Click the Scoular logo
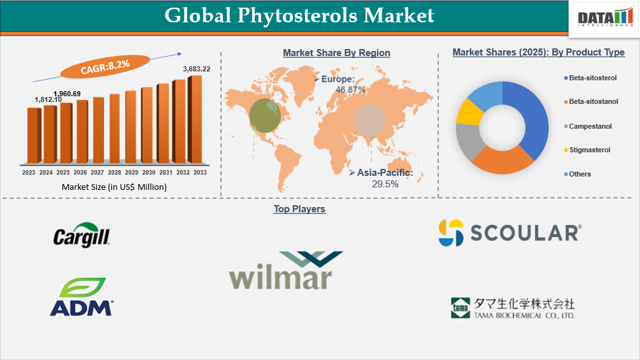[509, 233]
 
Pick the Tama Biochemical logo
[513, 308]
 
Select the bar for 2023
[34, 134]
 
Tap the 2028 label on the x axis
[115, 173]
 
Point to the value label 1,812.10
[48, 99]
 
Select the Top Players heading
[299, 209]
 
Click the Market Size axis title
[114, 187]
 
